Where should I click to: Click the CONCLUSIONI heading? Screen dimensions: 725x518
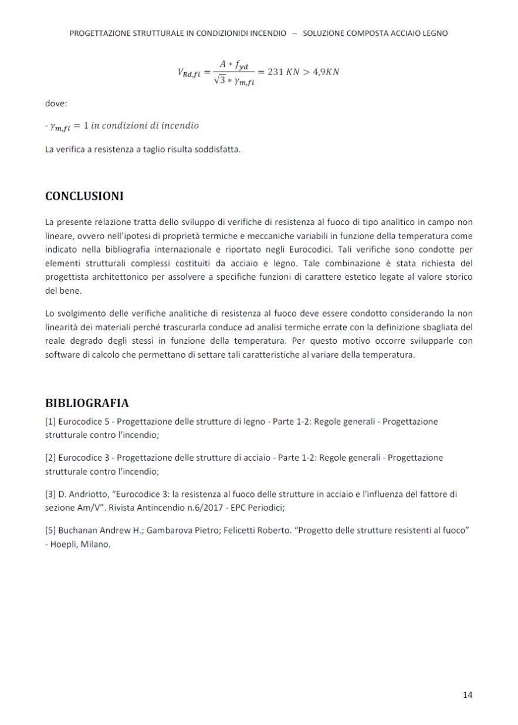pos(84,196)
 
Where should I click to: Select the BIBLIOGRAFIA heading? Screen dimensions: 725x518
pos(87,403)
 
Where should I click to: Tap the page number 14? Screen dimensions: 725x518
pos(468,695)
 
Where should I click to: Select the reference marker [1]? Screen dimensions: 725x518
pos(50,421)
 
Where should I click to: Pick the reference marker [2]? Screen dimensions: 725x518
pos(50,457)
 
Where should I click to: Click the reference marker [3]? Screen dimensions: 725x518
pos(50,494)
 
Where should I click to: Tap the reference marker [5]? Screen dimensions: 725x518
pos(50,530)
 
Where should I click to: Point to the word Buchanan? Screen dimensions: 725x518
pos(77,530)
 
